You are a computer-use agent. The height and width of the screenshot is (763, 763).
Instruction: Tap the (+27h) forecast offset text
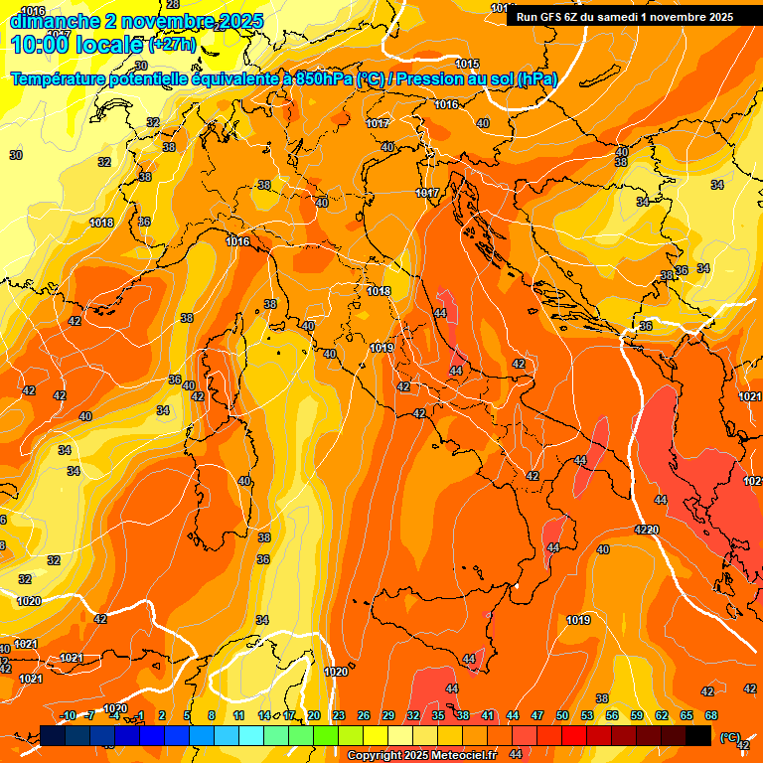pos(172,44)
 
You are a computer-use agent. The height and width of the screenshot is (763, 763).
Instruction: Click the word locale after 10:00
pos(106,44)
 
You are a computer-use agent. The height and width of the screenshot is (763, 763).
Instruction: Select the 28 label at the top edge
pos(173,6)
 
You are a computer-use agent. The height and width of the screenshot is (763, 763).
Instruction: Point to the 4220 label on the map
pos(647,530)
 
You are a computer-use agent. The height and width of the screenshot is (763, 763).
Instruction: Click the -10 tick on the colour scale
pos(68,715)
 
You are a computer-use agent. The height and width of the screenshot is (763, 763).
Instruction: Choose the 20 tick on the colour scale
pos(314,715)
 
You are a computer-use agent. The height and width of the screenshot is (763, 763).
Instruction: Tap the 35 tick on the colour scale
pos(438,715)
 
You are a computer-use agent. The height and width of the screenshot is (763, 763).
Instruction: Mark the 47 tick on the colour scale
pos(537,715)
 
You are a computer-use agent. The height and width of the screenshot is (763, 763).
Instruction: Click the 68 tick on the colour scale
pos(711,715)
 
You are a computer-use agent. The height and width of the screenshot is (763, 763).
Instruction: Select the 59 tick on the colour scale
pos(637,715)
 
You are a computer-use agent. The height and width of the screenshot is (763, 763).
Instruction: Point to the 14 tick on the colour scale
pos(264,715)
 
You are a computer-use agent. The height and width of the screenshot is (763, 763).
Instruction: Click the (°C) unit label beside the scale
pos(730,737)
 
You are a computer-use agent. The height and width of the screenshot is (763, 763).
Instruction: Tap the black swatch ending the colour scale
pos(698,735)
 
